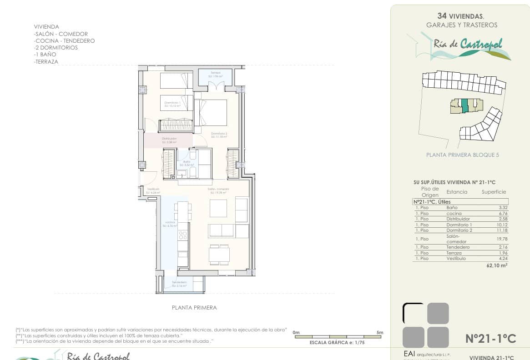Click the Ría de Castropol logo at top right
point(466,45)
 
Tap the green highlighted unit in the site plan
point(464,105)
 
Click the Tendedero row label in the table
point(459,247)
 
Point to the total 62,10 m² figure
point(497,265)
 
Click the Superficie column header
point(494,192)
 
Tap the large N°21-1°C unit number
point(490,339)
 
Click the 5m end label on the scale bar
point(379,333)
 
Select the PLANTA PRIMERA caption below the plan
point(194,308)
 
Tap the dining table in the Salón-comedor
point(219,254)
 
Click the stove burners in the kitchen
point(182,235)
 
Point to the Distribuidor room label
point(169,139)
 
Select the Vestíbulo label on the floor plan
point(153,190)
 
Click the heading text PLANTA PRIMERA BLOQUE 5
point(462,155)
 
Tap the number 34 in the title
point(441,15)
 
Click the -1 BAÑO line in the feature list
point(45,55)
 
